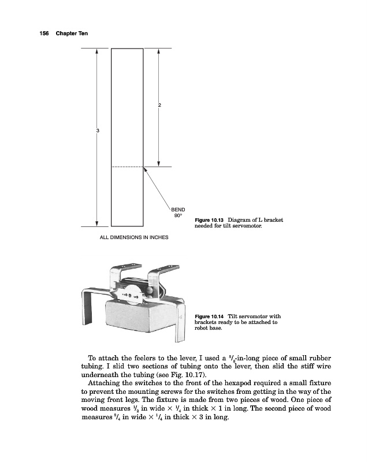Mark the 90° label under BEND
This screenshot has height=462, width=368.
coord(178,216)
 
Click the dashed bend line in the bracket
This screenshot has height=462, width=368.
coord(127,167)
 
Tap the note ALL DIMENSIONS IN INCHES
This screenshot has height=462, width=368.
coord(131,237)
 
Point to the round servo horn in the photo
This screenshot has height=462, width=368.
coord(132,292)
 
